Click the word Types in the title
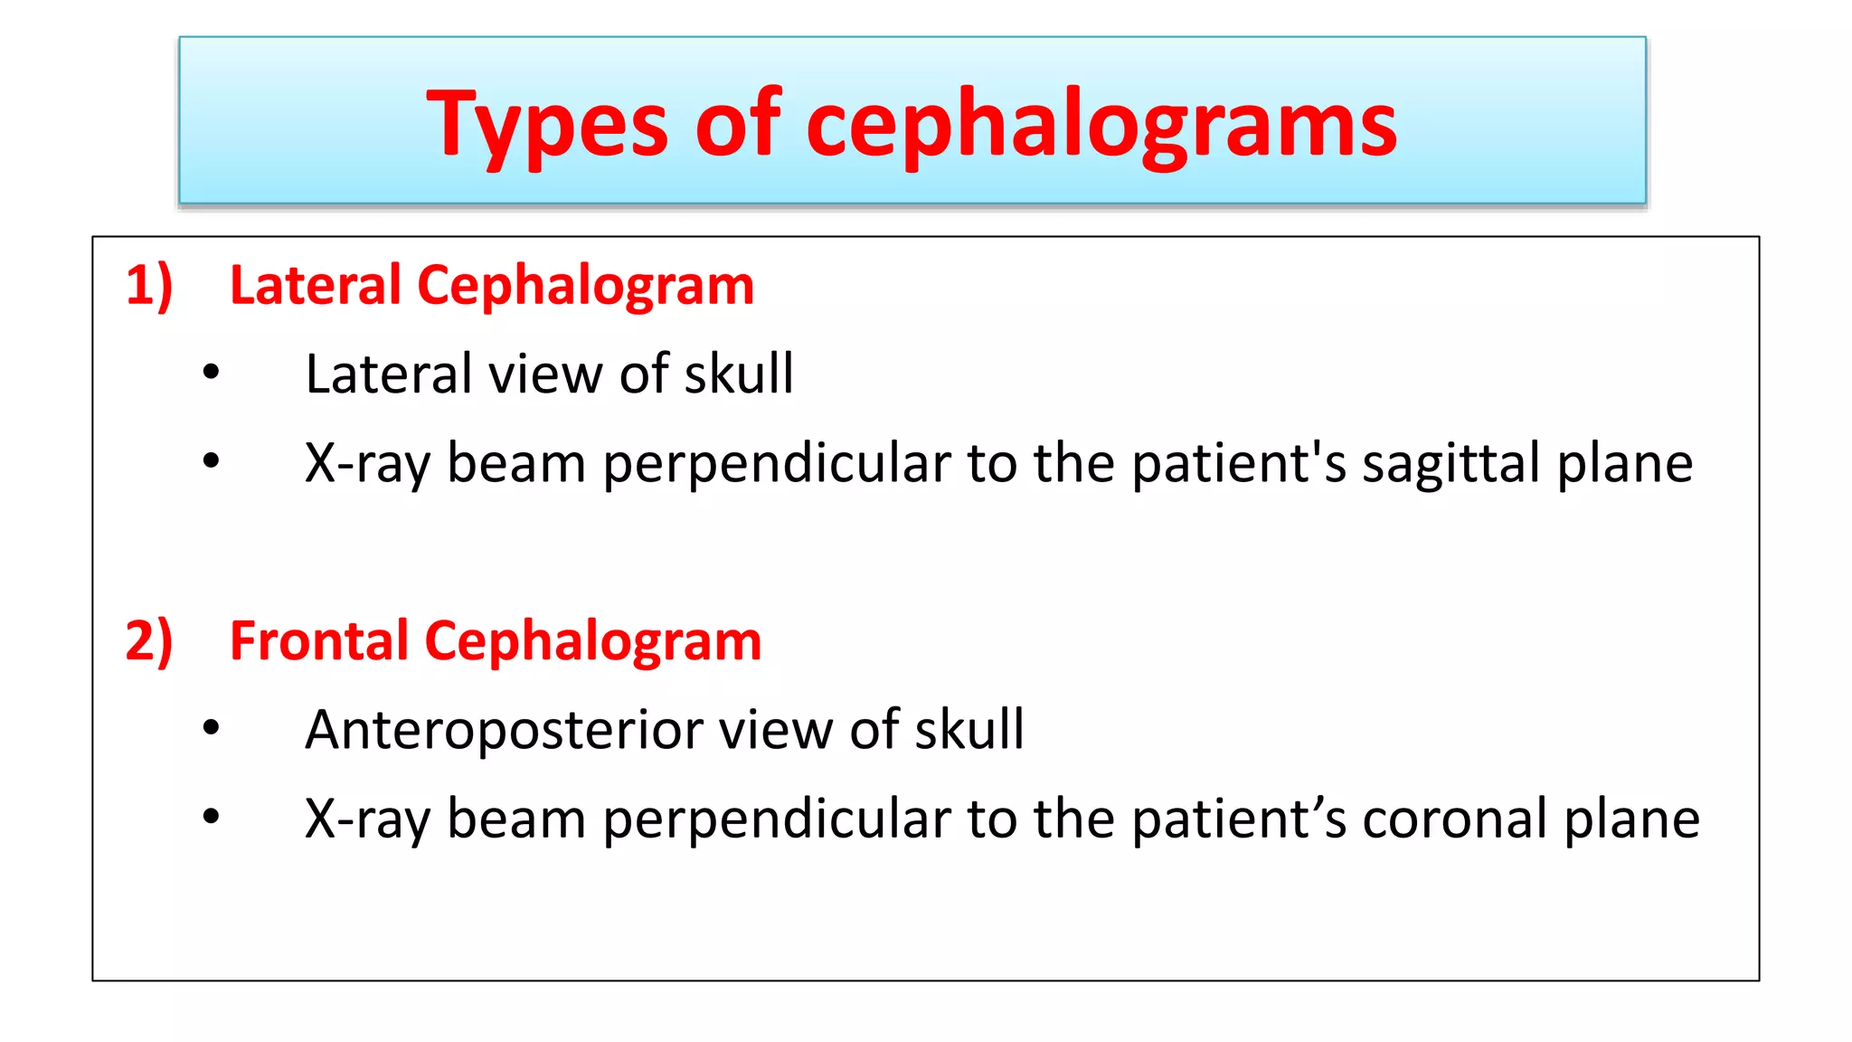point(547,125)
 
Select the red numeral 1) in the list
point(149,286)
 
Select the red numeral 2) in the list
point(149,641)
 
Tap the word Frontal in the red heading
point(319,641)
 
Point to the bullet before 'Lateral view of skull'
point(212,373)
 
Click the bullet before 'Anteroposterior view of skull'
point(212,728)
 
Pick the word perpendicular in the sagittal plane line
point(777,464)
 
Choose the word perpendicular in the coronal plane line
point(777,819)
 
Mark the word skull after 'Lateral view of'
point(739,374)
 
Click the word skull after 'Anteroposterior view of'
point(969,729)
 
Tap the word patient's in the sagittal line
point(1239,464)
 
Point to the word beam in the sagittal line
point(516,464)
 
